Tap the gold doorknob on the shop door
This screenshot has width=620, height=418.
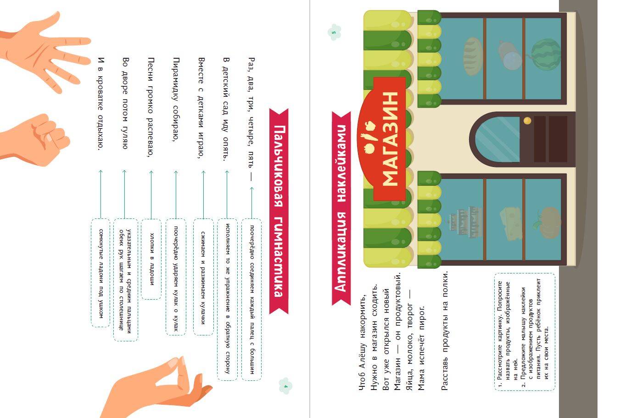point(527,121)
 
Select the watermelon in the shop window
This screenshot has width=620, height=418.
point(545,54)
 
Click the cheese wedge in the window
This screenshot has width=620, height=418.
point(511,223)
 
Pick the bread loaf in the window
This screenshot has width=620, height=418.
point(473,57)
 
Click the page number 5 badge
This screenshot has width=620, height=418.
point(334,33)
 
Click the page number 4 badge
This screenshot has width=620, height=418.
point(285,386)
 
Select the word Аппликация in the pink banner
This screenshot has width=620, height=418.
point(341,251)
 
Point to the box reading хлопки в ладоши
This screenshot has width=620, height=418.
point(151,259)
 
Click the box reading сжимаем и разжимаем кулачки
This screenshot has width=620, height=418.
point(203,277)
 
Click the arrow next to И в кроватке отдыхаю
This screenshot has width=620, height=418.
point(101,194)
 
